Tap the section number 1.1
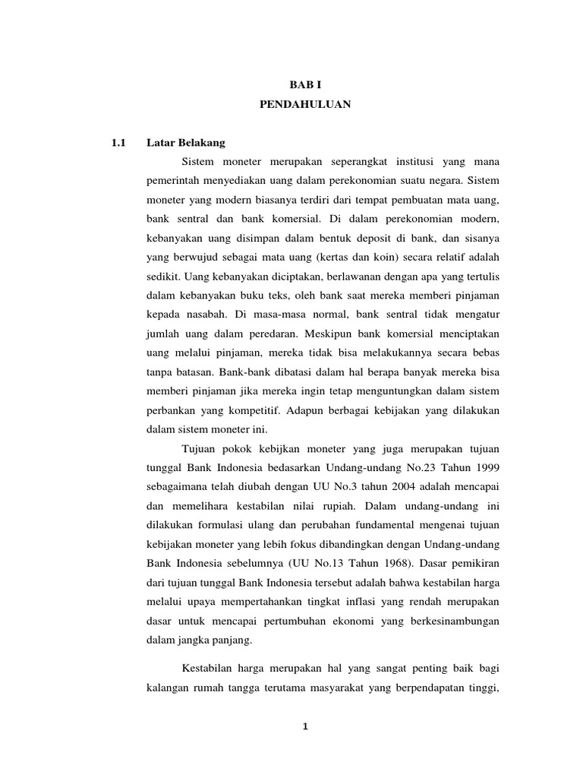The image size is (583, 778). coord(117,143)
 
